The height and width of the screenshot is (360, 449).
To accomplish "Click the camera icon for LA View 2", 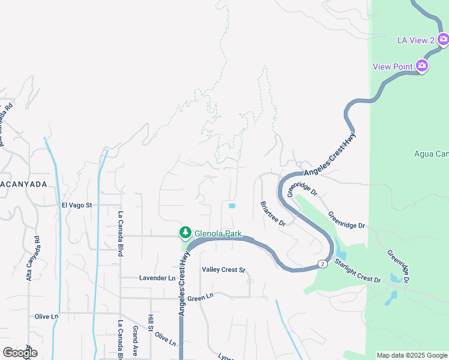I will point(443,40).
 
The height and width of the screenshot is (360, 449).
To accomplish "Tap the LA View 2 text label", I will point(416,40).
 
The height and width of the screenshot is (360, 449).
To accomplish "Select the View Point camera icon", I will point(422,65).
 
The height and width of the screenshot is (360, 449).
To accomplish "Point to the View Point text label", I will point(393,66).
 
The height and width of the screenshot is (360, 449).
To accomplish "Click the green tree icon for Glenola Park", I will point(185,232).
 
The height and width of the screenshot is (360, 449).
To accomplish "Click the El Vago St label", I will point(76,205).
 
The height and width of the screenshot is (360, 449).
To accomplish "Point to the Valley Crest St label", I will point(224,270).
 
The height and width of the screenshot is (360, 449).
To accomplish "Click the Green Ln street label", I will point(200,297).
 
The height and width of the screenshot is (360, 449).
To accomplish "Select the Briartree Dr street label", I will point(273,212).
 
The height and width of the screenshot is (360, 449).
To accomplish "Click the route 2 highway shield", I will point(322,264).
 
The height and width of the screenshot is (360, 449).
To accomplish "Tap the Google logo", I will point(20,353).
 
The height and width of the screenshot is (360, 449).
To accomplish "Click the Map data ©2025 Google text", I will point(411,355).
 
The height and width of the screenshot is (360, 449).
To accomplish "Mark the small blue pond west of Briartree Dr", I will point(232,206).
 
